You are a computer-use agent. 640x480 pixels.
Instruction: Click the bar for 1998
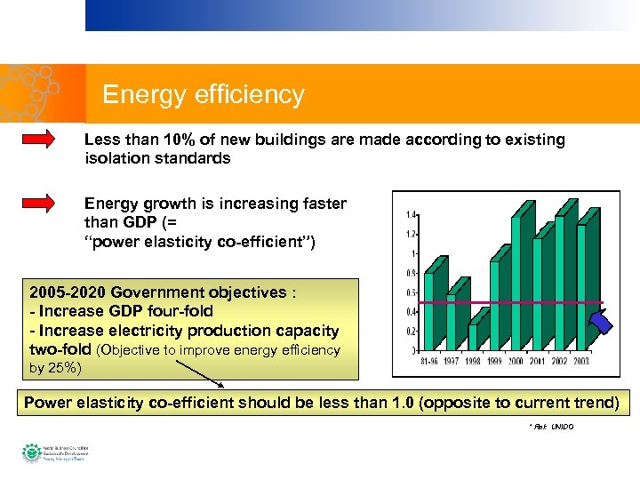click(x=472, y=336)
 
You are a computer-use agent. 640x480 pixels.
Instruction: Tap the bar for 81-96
click(x=428, y=311)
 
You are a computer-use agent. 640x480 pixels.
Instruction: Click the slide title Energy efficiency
click(x=203, y=95)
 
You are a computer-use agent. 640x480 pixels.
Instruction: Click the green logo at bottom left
click(x=31, y=452)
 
